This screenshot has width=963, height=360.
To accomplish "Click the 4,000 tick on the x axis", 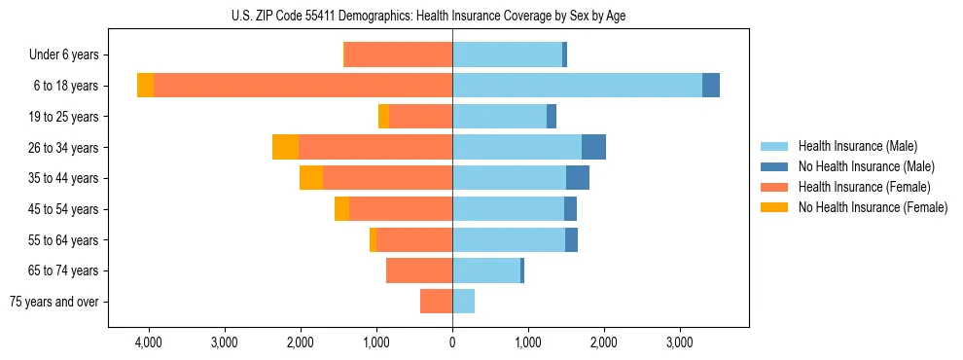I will [x=149, y=342].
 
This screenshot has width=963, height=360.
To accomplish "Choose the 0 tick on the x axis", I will [x=452, y=342].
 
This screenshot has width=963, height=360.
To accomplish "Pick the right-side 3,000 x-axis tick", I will [x=679, y=342].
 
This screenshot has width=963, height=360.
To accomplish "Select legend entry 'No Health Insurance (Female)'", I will [x=873, y=207].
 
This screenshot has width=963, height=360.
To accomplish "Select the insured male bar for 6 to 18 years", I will [x=577, y=86].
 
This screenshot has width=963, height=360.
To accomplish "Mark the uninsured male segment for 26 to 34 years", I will [x=593, y=147].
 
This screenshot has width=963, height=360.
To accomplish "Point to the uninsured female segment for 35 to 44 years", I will [x=311, y=178].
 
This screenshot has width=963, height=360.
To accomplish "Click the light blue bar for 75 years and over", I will [x=464, y=302].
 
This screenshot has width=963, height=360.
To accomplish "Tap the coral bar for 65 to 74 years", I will [x=419, y=270].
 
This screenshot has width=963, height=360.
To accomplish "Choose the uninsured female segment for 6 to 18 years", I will [x=145, y=86].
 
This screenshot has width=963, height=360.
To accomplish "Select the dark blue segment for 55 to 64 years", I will [x=571, y=239].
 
